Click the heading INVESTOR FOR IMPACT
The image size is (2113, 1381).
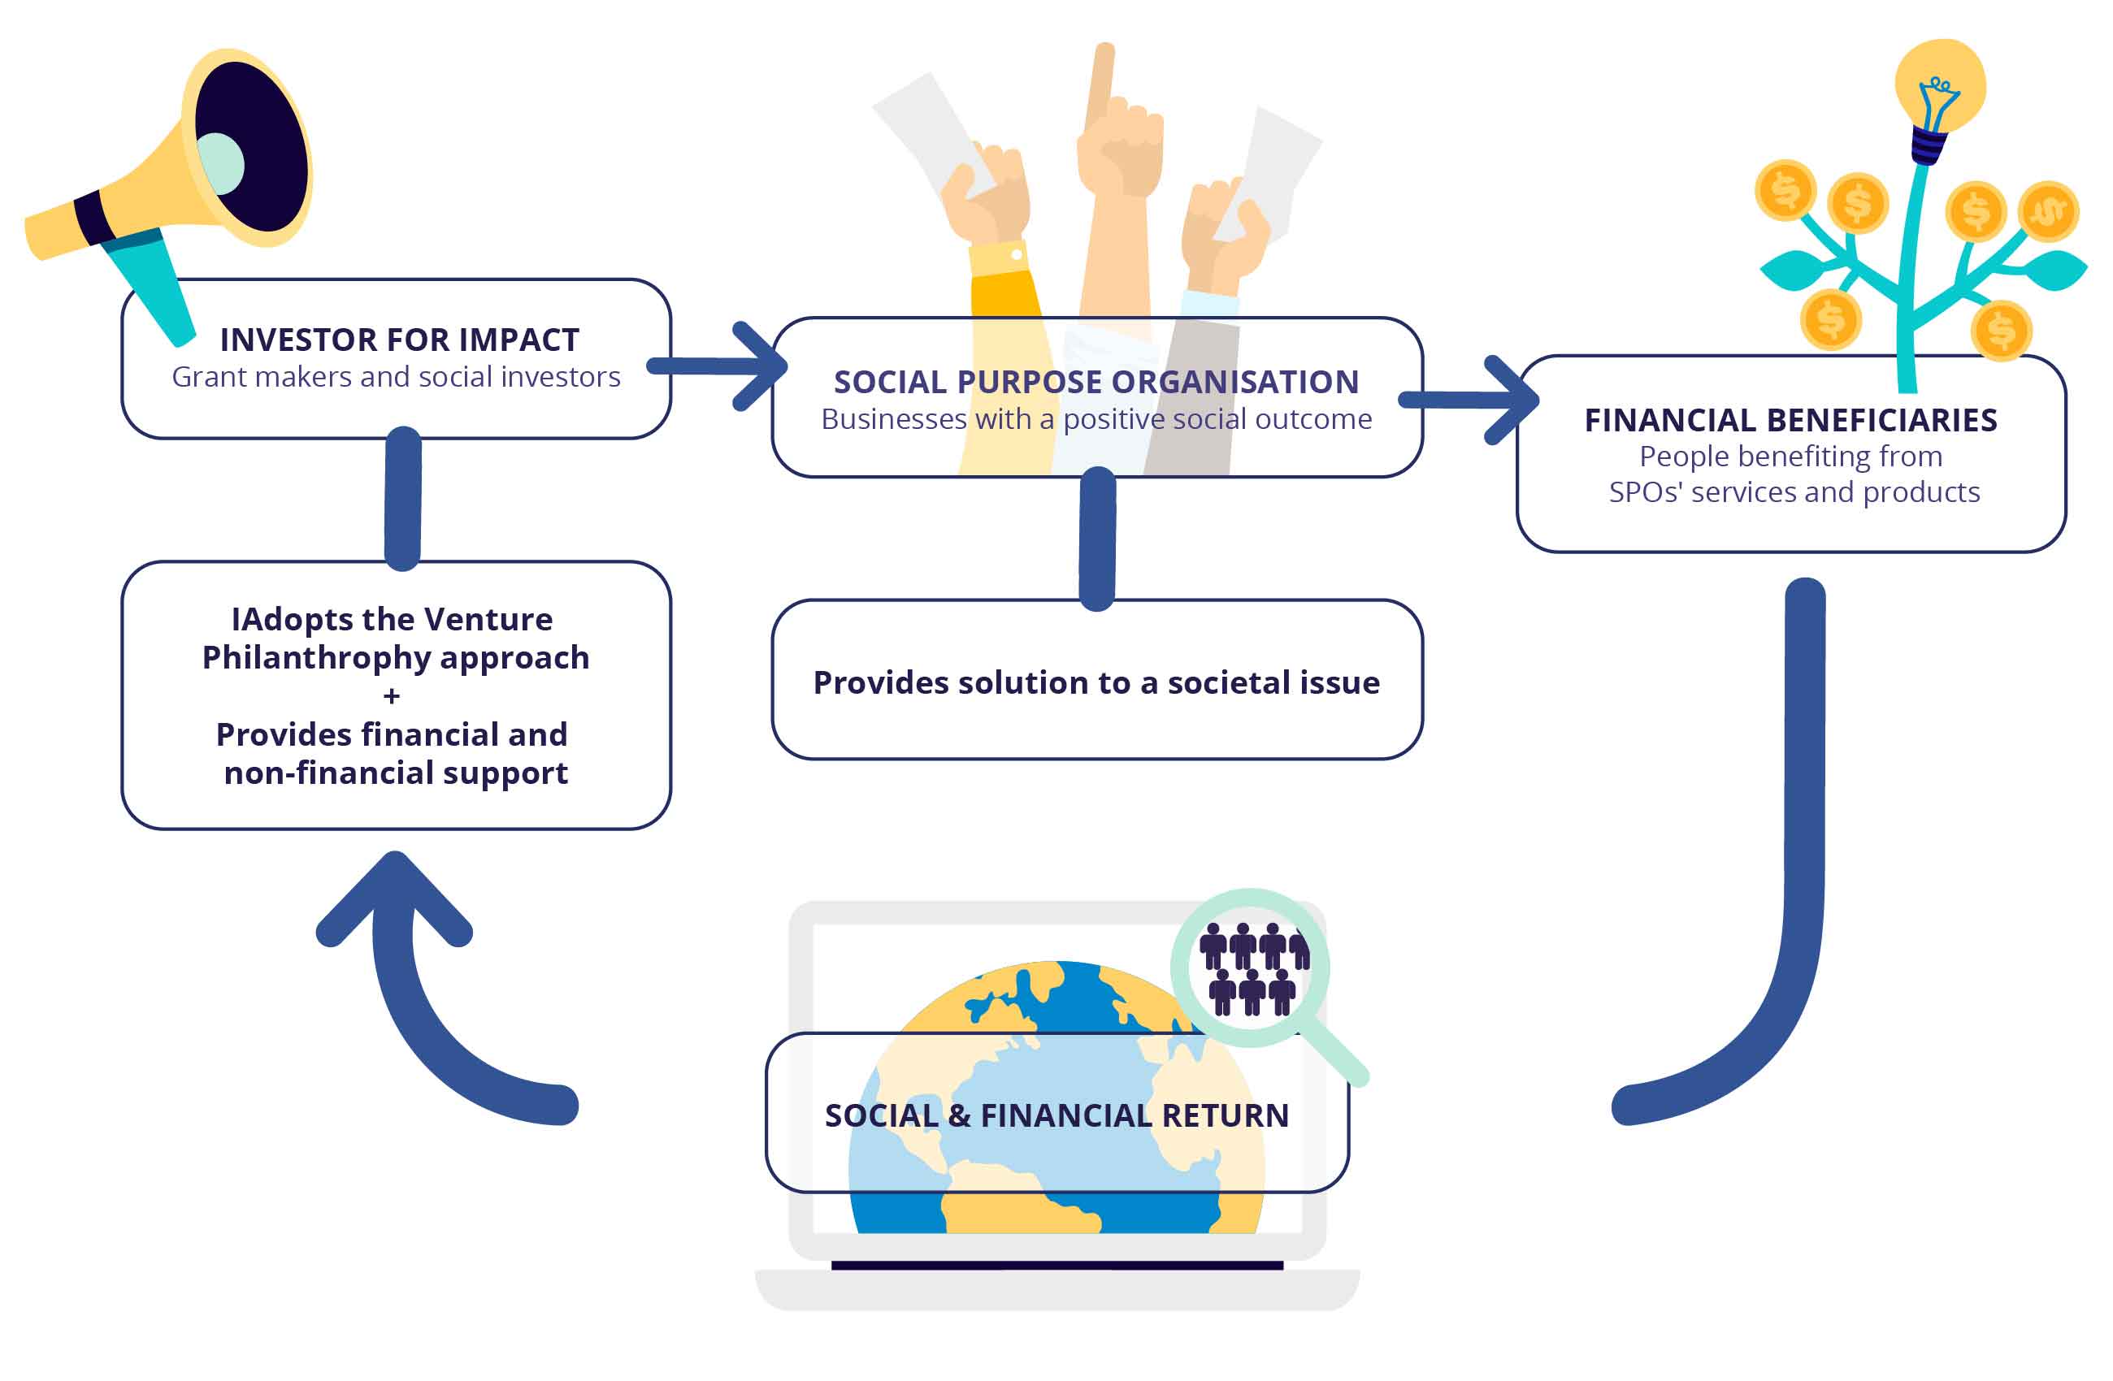(400, 340)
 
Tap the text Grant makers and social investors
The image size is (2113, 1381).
(396, 377)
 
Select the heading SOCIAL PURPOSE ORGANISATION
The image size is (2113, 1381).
(1096, 382)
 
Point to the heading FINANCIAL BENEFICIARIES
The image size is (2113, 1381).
(1790, 420)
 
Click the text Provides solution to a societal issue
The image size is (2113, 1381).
(1096, 682)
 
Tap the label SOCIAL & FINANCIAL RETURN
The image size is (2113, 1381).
(1056, 1115)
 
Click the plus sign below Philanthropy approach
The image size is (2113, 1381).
(392, 697)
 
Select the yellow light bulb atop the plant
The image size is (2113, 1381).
(1940, 84)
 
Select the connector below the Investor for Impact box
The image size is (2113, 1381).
(403, 500)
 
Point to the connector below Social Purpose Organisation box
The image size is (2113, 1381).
(1097, 539)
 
